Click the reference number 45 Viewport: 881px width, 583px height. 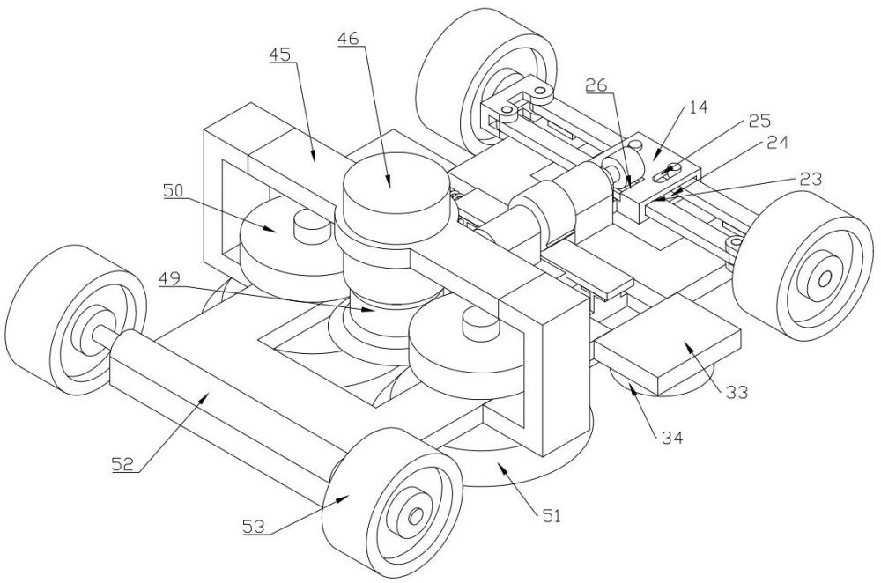pos(280,55)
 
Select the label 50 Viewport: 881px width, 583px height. pos(174,190)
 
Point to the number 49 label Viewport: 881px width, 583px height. pos(170,278)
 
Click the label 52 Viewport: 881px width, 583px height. pos(122,464)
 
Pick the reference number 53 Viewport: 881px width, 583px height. pos(254,527)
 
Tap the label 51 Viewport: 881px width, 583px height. pos(551,515)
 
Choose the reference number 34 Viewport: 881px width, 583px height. pos(671,437)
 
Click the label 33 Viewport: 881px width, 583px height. pos(737,392)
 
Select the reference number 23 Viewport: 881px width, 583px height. pos(811,179)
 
